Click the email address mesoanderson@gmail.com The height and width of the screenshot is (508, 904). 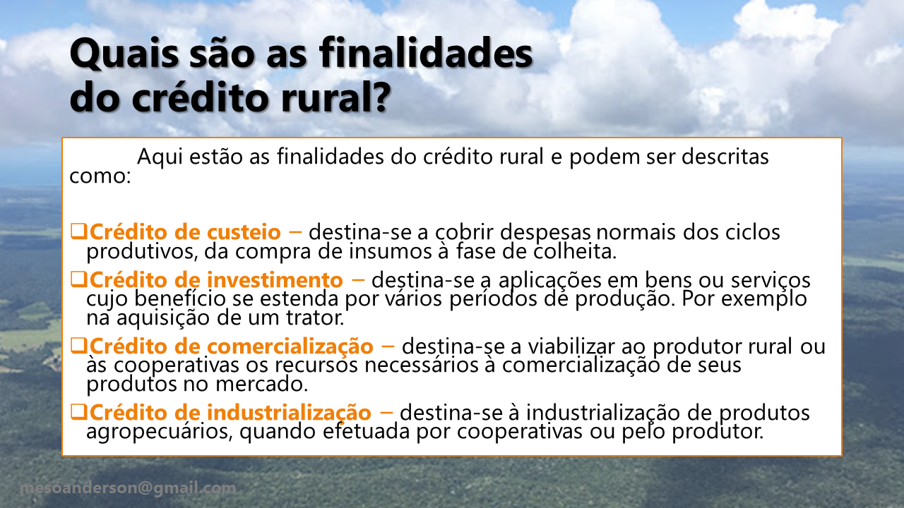point(128,488)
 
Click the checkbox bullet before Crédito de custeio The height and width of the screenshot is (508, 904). point(78,231)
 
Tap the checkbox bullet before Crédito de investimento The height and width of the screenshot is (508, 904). point(78,279)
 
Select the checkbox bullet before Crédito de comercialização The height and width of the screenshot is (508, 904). point(78,346)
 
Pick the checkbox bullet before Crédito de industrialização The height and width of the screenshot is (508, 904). point(78,411)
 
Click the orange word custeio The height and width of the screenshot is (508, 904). point(244,232)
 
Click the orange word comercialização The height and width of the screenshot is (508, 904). point(290,346)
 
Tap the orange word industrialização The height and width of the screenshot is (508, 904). point(289,413)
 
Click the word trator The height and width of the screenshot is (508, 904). point(315,317)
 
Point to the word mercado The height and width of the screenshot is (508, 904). point(261,384)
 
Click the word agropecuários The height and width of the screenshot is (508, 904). point(160,432)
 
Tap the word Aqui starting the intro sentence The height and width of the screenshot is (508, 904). point(160,157)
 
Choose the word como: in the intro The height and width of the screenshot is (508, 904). point(100,176)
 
